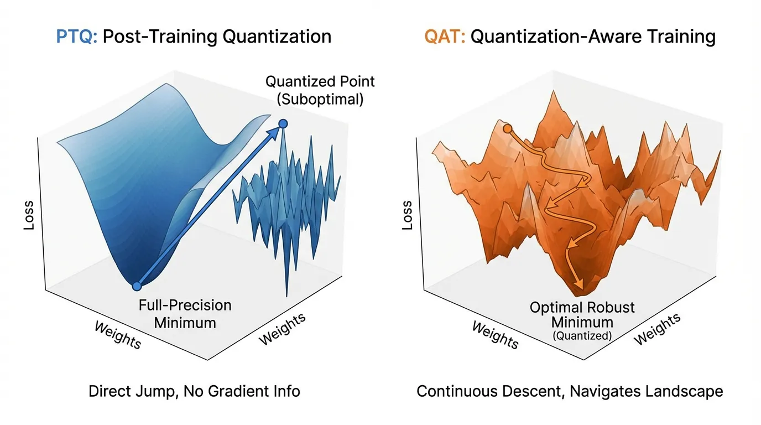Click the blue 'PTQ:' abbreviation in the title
(x=77, y=37)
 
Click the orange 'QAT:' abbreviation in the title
(x=444, y=37)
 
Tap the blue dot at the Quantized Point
(x=283, y=123)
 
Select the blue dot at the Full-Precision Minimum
(x=137, y=286)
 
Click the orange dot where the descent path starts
(x=507, y=129)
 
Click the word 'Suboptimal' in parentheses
(x=321, y=100)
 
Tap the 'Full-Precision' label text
(x=185, y=305)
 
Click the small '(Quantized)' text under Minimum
(x=582, y=335)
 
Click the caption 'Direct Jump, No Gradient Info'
(x=194, y=392)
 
